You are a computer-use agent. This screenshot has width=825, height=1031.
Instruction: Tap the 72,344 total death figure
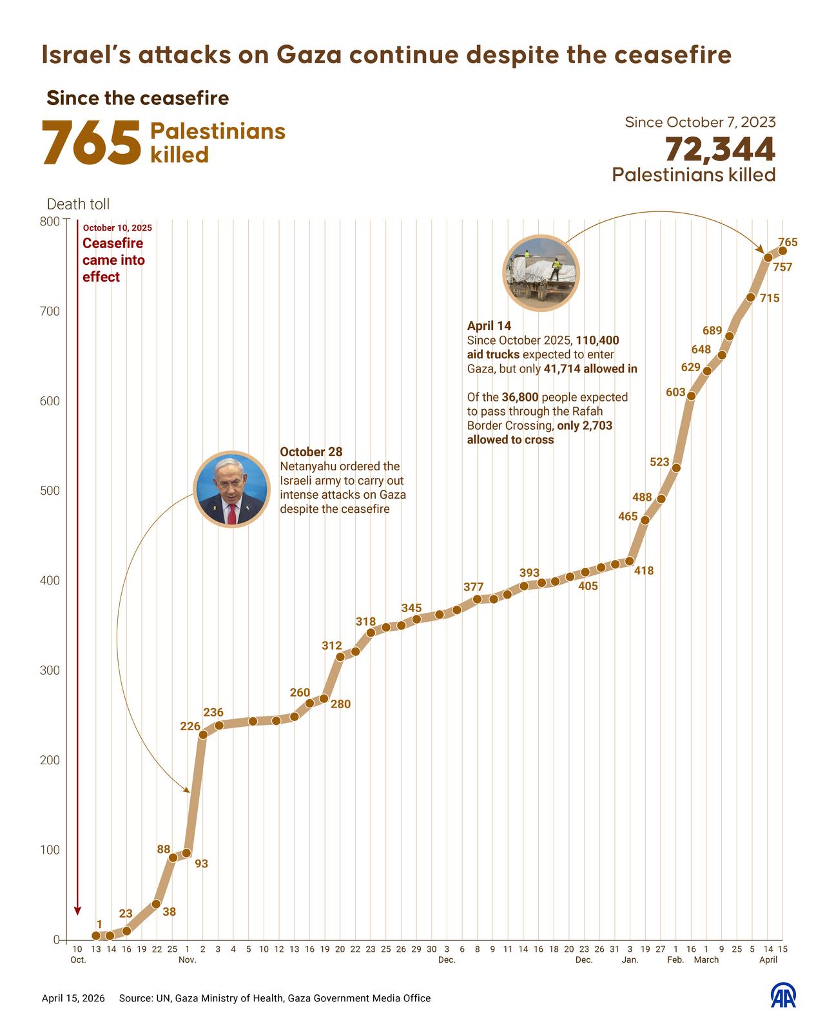pyautogui.click(x=719, y=149)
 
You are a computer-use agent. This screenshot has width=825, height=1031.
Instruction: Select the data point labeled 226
pyautogui.click(x=203, y=734)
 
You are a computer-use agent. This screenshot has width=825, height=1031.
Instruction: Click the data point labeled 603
pyautogui.click(x=691, y=396)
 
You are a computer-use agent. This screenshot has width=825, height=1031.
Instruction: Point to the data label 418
pyautogui.click(x=643, y=570)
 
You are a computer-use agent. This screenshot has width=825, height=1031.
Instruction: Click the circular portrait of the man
pyautogui.click(x=231, y=490)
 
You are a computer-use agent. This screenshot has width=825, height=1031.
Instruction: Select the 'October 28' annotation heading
pyautogui.click(x=311, y=452)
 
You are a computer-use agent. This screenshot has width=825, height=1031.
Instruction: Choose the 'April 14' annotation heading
pyautogui.click(x=489, y=327)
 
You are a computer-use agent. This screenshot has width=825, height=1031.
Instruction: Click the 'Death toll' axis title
pyautogui.click(x=78, y=204)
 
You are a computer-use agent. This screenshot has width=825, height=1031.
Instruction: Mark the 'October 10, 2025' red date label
pyautogui.click(x=117, y=228)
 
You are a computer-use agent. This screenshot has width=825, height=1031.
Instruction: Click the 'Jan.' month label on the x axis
pyautogui.click(x=630, y=960)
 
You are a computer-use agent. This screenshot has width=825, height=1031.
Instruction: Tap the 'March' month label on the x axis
pyautogui.click(x=706, y=960)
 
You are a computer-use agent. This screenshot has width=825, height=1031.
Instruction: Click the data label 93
pyautogui.click(x=201, y=863)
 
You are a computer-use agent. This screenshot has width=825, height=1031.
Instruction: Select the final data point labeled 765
pyautogui.click(x=782, y=251)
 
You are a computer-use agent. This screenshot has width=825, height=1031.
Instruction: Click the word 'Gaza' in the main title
pyautogui.click(x=310, y=55)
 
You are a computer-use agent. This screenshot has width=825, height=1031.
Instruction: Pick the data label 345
pyautogui.click(x=411, y=608)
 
